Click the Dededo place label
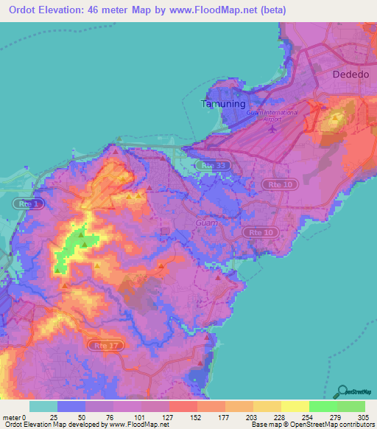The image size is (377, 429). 350,75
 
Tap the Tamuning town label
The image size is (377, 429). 221,104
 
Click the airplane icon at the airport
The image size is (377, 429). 272,130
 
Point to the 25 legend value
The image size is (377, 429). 54,417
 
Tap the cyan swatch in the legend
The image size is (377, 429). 43,406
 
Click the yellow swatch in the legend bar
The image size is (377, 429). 295,406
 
